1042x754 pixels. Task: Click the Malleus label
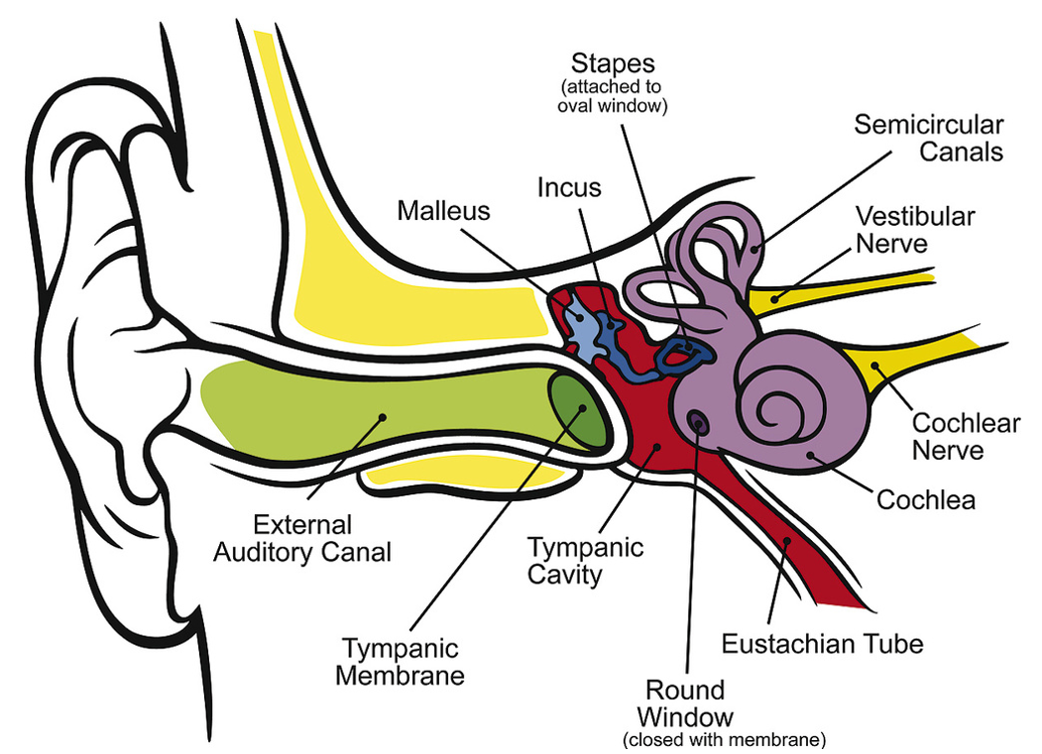tap(443, 211)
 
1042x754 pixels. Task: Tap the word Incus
tap(569, 187)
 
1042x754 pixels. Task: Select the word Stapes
tap(613, 63)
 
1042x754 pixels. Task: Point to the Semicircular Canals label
tap(928, 138)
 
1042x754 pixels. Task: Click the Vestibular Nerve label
tap(914, 230)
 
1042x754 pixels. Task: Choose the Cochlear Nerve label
tap(966, 437)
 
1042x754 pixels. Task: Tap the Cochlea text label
tap(926, 500)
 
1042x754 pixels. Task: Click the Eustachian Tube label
tap(823, 644)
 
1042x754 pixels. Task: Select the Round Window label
tap(685, 704)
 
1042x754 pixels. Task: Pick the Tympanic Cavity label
tap(586, 561)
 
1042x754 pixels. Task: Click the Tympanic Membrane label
tap(401, 662)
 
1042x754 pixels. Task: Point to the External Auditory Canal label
tap(302, 539)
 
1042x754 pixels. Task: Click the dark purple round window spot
tap(696, 420)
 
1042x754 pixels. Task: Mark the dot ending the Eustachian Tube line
tap(787, 541)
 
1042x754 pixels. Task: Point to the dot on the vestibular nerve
tap(775, 299)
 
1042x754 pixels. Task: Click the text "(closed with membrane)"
tap(725, 739)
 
